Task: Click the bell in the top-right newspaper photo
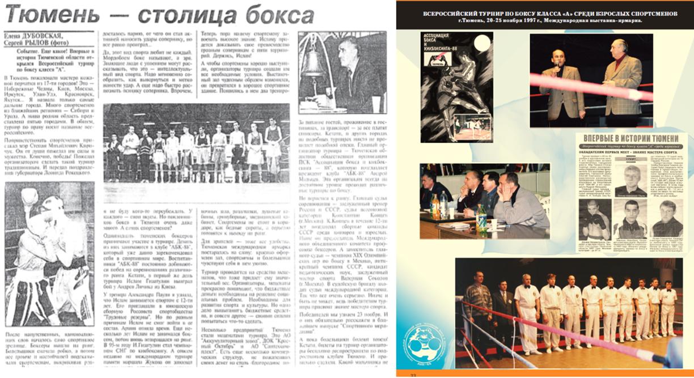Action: click(x=315, y=65)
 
